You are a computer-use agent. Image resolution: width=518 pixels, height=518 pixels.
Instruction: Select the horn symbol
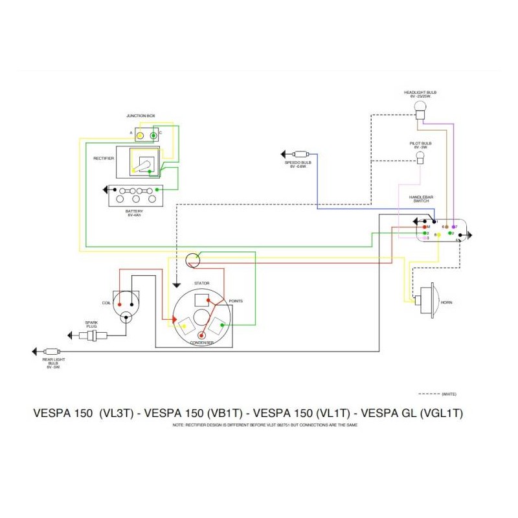pyautogui.click(x=428, y=302)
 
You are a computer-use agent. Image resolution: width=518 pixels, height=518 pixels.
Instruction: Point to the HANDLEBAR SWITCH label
pyautogui.click(x=422, y=198)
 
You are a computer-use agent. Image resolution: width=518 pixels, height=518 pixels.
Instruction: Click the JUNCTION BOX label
pyautogui.click(x=141, y=116)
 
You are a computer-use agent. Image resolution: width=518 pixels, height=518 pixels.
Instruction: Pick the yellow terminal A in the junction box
pyautogui.click(x=139, y=134)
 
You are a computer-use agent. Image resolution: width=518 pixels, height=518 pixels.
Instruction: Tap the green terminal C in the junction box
pyautogui.click(x=153, y=135)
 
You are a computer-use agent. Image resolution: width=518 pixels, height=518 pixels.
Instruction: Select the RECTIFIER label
pyautogui.click(x=104, y=158)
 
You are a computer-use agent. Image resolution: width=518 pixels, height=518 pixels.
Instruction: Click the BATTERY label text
pyautogui.click(x=135, y=212)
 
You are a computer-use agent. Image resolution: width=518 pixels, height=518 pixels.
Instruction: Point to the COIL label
pyautogui.click(x=107, y=302)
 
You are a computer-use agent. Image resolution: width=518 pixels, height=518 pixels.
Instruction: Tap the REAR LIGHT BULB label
pyautogui.click(x=53, y=363)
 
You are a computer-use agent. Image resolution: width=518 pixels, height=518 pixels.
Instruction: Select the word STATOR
pyautogui.click(x=201, y=283)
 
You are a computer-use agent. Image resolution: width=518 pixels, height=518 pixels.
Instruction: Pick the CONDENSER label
pyautogui.click(x=202, y=343)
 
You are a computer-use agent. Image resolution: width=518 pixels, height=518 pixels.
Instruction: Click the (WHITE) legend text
pyautogui.click(x=449, y=394)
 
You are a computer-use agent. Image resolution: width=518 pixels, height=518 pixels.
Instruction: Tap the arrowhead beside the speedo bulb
pyautogui.click(x=284, y=154)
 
